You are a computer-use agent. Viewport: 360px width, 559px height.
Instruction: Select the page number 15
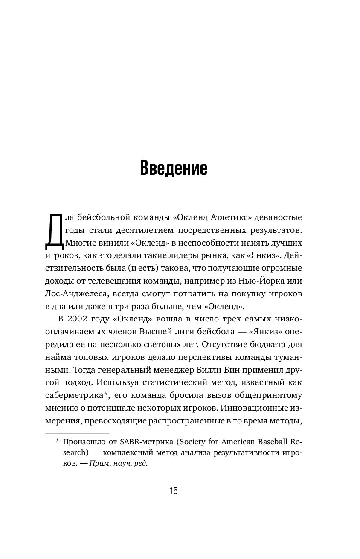tap(174, 491)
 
